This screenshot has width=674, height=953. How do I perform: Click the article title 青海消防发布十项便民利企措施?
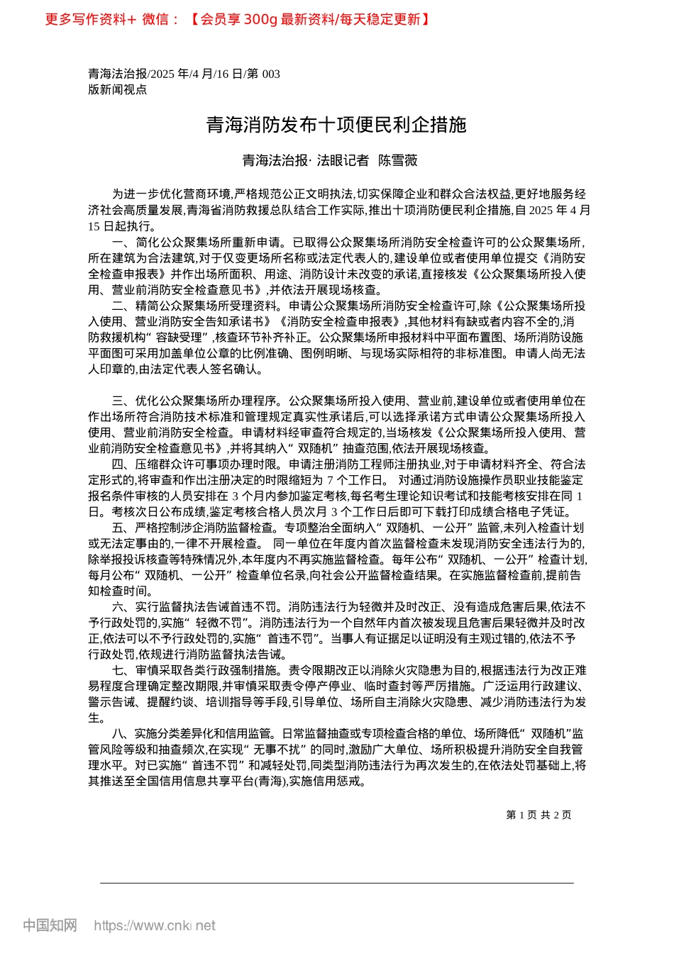336,125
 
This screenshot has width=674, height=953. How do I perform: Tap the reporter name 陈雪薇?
397,160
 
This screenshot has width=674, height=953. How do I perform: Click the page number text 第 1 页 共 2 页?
538,815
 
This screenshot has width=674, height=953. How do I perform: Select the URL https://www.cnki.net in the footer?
155,925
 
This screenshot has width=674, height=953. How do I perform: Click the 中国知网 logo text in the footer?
50,925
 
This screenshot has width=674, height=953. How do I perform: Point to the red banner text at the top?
238,19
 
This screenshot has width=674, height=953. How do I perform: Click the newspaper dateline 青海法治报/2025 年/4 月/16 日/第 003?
184,74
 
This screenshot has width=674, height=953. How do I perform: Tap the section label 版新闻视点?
117,89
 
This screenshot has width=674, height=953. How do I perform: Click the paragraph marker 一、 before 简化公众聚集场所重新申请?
123,242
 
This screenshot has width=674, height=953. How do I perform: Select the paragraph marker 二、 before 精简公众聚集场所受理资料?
123,306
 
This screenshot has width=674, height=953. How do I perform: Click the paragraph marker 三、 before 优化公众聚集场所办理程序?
123,401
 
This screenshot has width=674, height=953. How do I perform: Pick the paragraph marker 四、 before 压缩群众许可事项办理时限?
123,464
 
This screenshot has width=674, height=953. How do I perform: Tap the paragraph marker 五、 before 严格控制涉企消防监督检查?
123,528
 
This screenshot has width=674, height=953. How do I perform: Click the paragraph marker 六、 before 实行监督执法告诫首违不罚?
123,607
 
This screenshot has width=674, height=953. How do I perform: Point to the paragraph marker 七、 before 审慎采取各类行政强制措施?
123,670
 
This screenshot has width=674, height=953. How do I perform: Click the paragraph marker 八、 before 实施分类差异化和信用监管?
123,733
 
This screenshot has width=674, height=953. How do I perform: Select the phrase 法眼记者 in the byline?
343,160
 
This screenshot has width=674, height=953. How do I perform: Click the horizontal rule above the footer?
336,883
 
